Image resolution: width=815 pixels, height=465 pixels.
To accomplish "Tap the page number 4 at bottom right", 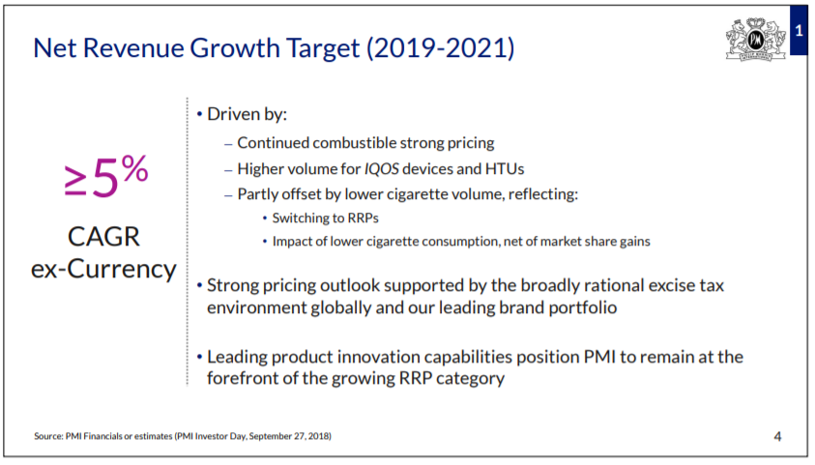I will click(x=777, y=436).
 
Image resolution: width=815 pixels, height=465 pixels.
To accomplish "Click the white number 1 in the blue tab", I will click(x=799, y=31).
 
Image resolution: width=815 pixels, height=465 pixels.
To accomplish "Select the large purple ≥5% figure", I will click(x=105, y=178).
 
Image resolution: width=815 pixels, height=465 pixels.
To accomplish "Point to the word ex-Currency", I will click(x=103, y=269).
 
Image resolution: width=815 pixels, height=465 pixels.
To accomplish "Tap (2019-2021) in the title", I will click(x=439, y=47).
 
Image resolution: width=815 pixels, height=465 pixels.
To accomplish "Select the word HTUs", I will click(x=503, y=168).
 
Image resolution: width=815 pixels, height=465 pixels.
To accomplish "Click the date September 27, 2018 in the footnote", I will click(x=288, y=436).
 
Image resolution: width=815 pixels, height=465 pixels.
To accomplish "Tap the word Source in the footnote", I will click(x=49, y=436).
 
